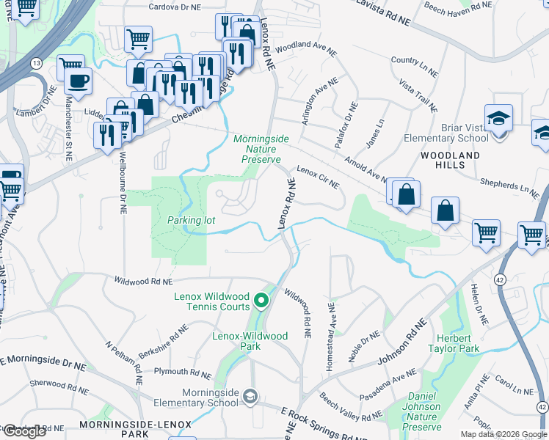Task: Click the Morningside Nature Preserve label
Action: point(261,148)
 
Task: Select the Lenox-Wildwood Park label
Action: point(250,341)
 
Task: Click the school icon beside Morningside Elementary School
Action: point(250,397)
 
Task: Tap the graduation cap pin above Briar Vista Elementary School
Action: point(498,118)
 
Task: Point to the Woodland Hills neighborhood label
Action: point(450,160)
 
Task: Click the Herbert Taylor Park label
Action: point(454,342)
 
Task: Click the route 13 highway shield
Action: point(35,65)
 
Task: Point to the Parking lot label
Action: point(189,220)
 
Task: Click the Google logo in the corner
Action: point(23,431)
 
